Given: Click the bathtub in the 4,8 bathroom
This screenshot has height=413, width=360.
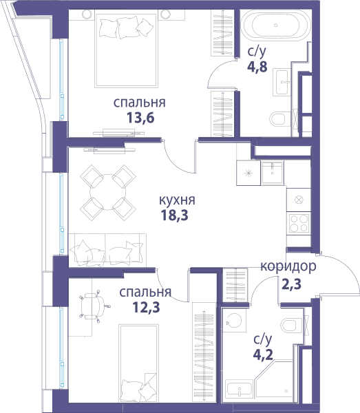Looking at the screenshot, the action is (x=275, y=25).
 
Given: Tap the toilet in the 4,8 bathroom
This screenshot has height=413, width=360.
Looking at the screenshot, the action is (x=277, y=118).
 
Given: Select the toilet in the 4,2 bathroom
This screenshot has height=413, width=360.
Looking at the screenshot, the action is (x=292, y=325).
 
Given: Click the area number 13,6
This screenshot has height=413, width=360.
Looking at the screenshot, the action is (x=140, y=118).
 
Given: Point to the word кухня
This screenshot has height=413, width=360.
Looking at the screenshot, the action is (x=177, y=200).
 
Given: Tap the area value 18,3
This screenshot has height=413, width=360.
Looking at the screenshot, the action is (x=175, y=215).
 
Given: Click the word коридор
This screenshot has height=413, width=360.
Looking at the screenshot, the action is (x=288, y=266).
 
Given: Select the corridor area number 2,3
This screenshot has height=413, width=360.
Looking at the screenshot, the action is (x=291, y=284).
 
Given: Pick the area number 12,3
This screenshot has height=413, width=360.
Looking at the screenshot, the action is (x=146, y=307).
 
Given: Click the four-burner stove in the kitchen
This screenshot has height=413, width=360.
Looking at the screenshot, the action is (x=299, y=223).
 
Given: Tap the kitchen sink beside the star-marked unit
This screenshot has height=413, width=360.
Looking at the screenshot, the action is (x=273, y=173).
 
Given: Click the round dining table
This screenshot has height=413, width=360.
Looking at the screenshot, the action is (x=108, y=192).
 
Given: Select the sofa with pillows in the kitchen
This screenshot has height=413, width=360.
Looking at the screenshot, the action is (x=107, y=250).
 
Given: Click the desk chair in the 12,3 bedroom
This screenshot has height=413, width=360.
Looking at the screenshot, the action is (x=93, y=306).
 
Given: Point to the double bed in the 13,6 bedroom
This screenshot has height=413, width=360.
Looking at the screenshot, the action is (x=127, y=50).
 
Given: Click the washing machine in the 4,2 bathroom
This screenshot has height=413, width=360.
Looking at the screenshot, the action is (x=234, y=320).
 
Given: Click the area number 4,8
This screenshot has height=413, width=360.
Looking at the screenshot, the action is (x=257, y=67).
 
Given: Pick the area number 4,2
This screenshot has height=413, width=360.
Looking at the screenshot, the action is (x=263, y=354).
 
